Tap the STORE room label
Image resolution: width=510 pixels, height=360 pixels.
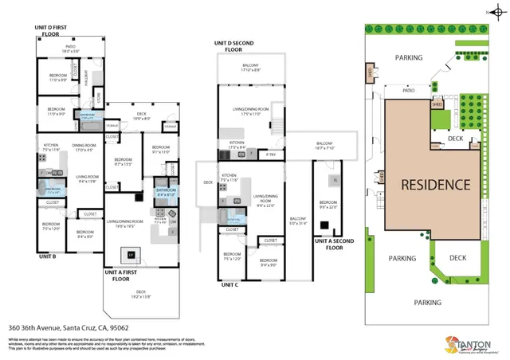[99, 100]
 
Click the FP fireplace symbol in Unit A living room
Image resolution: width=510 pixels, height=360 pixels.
[130, 254]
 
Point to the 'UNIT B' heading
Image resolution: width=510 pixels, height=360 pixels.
[46, 257]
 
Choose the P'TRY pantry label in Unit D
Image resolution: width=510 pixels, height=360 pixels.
[270, 153]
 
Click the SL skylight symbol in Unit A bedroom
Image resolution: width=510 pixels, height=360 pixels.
[335, 181]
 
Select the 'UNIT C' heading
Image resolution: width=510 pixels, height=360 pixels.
[230, 284]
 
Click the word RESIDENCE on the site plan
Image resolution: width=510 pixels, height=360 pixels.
[434, 185]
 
